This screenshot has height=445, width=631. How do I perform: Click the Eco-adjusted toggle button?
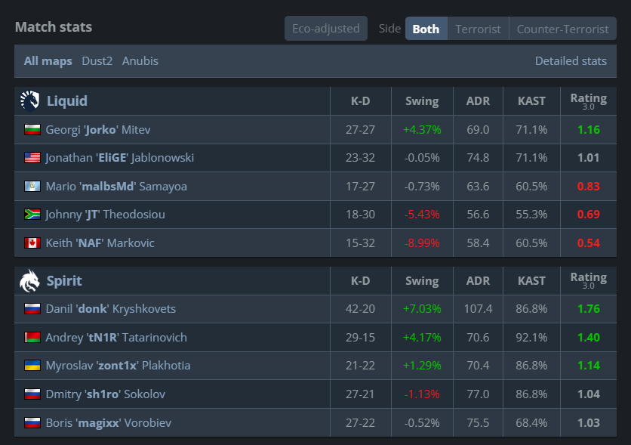click(326, 29)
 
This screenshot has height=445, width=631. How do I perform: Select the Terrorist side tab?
click(478, 29)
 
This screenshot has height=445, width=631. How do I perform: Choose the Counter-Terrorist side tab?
click(562, 29)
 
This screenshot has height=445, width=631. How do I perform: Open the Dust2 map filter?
click(97, 60)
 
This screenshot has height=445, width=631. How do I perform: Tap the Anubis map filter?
click(140, 60)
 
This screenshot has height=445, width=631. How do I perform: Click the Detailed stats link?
click(571, 60)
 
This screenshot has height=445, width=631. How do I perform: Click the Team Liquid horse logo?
click(29, 100)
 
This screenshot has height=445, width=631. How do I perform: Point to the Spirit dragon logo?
click(29, 280)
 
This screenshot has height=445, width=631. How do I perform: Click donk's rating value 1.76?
click(588, 309)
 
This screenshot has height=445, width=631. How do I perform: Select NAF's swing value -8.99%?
click(422, 243)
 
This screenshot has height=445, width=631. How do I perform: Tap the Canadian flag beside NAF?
click(32, 243)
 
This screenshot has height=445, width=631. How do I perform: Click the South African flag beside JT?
click(32, 215)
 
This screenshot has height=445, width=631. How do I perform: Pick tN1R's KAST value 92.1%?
click(531, 338)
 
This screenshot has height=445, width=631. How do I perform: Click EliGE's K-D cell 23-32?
click(360, 157)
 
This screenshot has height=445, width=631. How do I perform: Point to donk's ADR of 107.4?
click(478, 309)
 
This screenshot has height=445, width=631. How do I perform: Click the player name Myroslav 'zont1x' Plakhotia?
click(118, 366)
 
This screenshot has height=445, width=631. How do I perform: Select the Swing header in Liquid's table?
click(422, 101)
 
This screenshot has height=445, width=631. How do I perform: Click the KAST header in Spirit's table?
click(531, 281)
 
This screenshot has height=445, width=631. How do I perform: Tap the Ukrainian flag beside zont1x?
click(32, 365)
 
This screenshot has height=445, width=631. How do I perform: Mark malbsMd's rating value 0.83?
click(588, 187)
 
